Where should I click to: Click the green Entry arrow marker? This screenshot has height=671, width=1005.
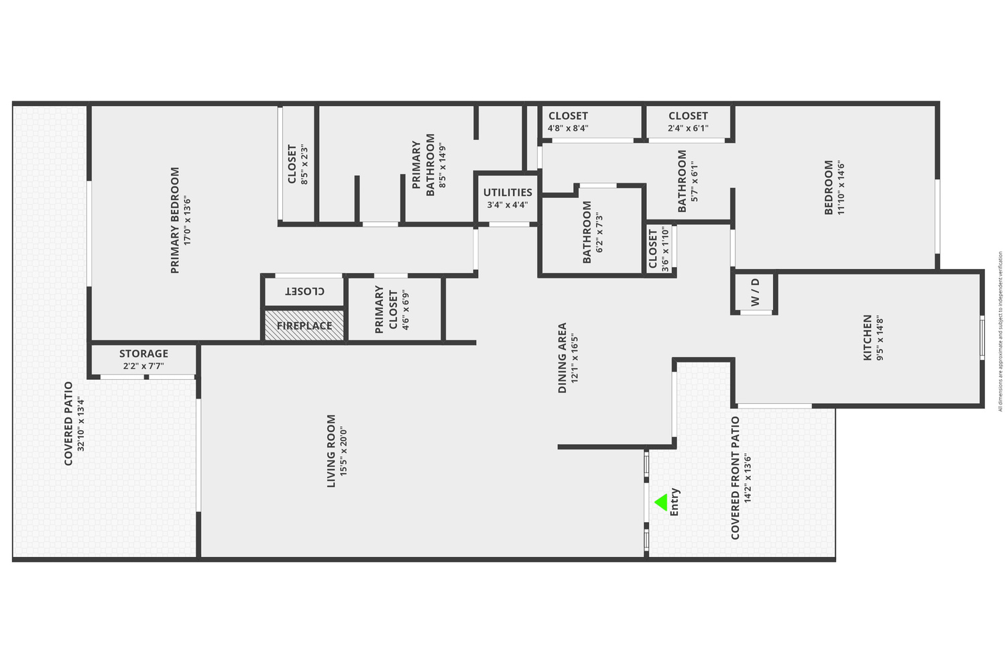662,502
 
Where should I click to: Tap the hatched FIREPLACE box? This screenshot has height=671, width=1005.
304,325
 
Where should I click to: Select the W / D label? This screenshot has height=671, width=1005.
756,293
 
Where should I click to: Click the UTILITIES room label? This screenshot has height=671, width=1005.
508,193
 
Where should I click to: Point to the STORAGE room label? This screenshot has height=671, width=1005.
143,354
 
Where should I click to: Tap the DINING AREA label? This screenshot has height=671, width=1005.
563,358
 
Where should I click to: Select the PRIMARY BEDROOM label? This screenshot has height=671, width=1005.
175,220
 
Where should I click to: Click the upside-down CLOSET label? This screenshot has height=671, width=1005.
304,291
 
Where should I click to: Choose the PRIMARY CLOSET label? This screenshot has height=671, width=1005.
379,309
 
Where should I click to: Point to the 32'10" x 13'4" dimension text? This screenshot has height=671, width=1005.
81,423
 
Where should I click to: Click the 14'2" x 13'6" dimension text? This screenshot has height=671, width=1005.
748,478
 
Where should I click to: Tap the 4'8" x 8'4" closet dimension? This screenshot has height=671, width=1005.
568,128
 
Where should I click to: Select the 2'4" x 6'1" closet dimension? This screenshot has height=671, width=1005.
688,128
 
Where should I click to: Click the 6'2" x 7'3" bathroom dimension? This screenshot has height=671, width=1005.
599,232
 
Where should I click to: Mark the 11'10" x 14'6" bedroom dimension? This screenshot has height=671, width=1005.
841,187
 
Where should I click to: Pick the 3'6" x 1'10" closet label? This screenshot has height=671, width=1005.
659,250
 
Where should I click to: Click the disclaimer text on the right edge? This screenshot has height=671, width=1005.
1000,331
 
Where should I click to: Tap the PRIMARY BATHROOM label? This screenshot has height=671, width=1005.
423,165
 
